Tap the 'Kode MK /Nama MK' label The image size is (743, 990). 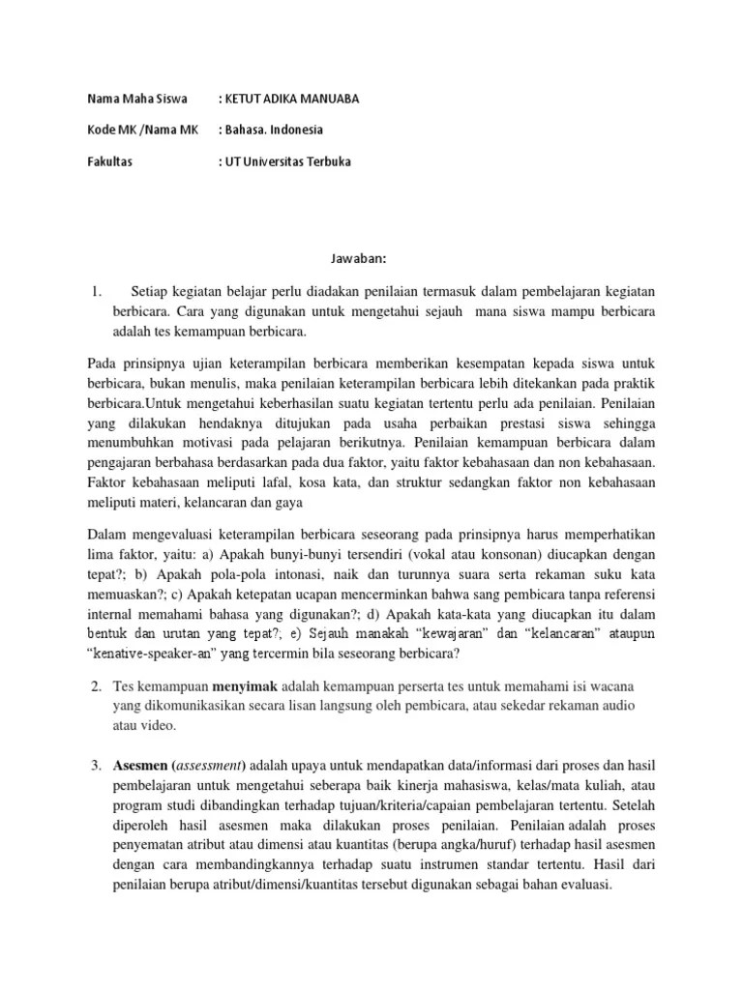click(x=142, y=130)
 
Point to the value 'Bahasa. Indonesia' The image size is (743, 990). click(x=275, y=130)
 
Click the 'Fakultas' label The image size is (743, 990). click(x=109, y=161)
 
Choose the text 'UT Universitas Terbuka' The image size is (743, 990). click(x=289, y=161)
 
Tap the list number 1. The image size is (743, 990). click(x=95, y=291)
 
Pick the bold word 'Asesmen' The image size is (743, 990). click(x=139, y=767)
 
